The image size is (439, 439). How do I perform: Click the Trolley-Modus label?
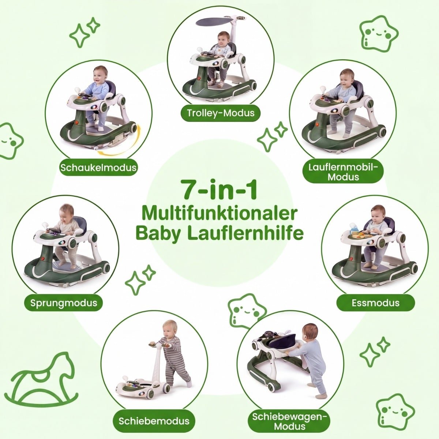click(x=221, y=113)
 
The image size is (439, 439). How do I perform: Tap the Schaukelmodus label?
click(x=98, y=168)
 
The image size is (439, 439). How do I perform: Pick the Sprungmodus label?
click(x=64, y=303)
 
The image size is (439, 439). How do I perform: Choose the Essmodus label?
click(x=375, y=303)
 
